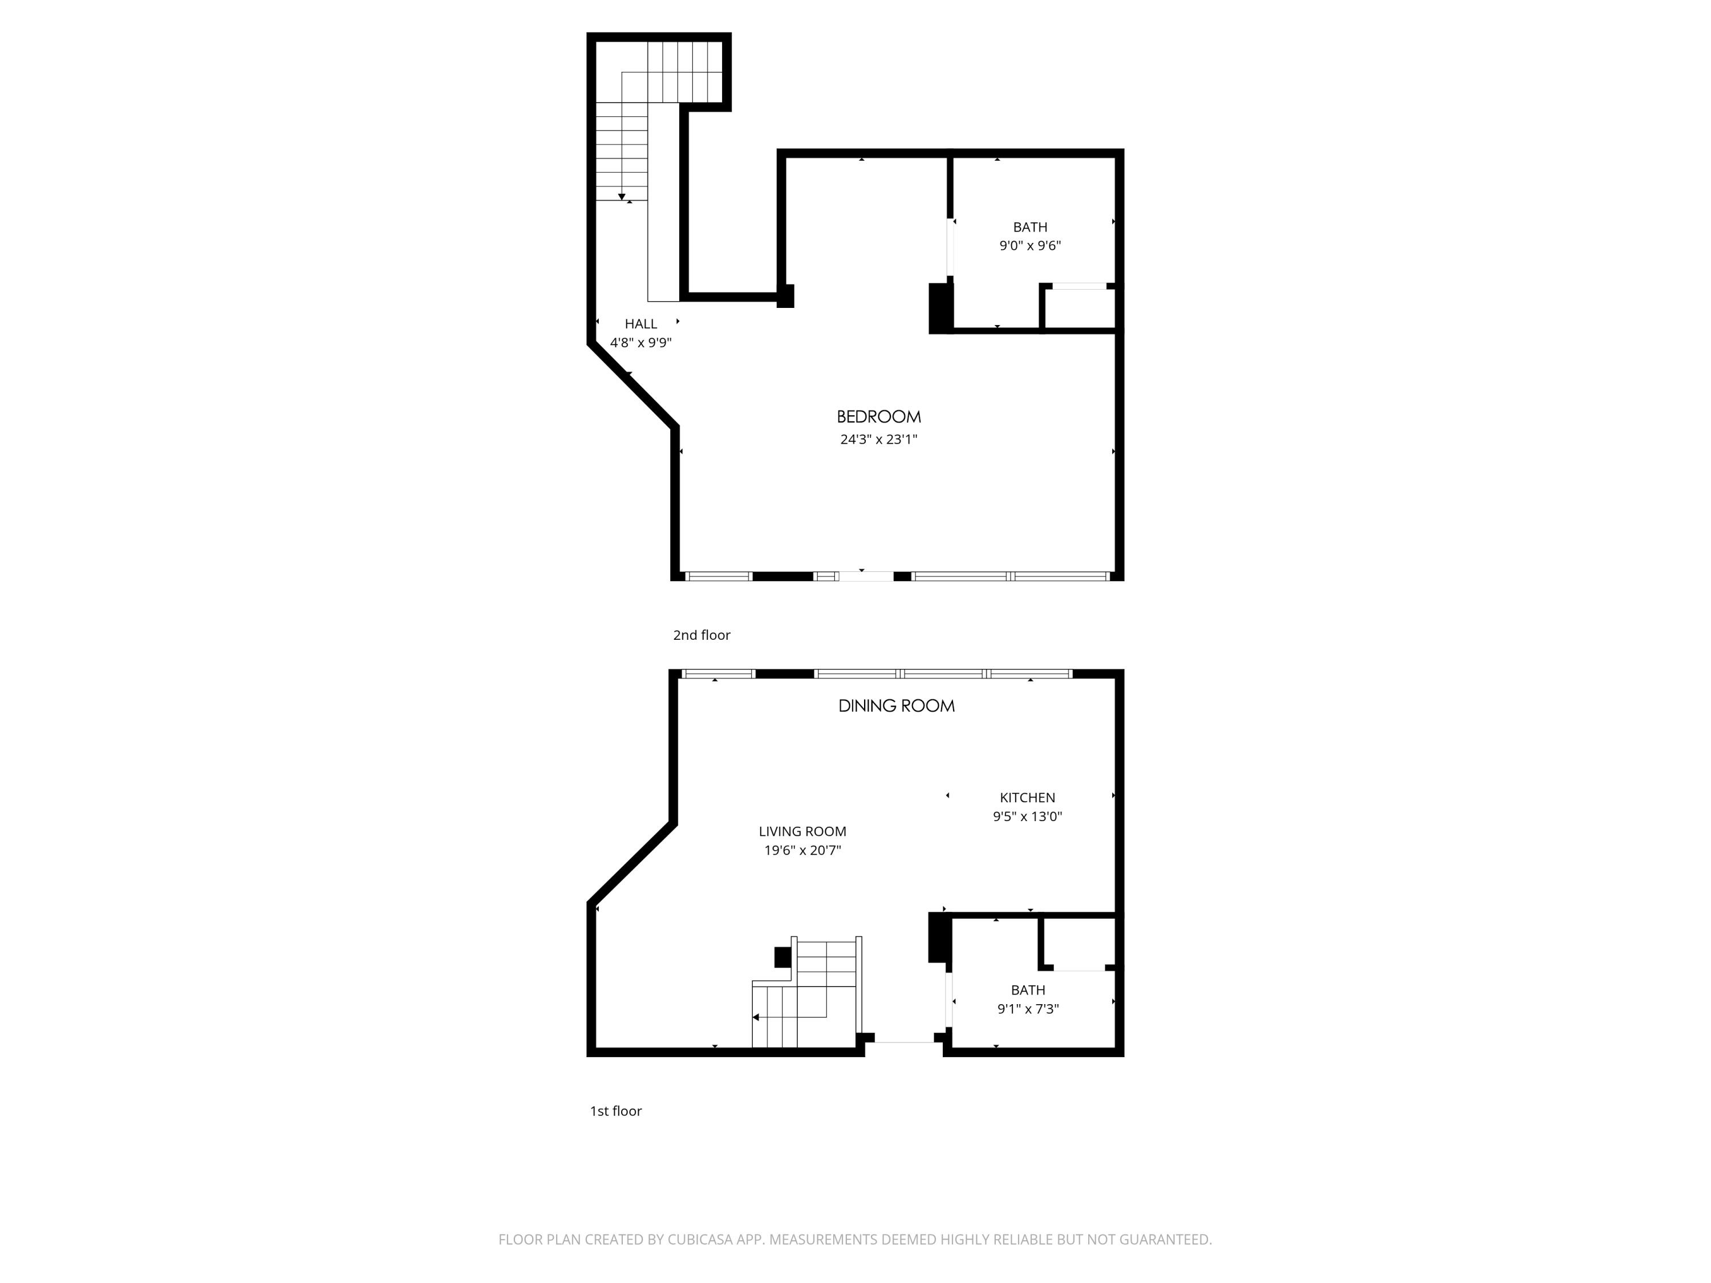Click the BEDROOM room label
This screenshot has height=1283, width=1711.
pos(879,417)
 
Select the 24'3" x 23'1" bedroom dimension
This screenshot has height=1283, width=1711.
pos(879,439)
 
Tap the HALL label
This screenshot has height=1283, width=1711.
pos(640,324)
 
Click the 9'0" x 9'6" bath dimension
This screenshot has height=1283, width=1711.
pos(1029,246)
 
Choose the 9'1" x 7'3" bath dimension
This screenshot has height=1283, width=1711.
pos(1028,1009)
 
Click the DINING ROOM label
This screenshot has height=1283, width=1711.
pos(897,706)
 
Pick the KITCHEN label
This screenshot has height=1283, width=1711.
pos(1027,797)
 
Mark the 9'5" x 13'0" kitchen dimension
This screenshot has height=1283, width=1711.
pos(1027,817)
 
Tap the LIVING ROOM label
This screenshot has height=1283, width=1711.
pos(802,831)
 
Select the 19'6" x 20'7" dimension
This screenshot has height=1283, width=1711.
pos(802,851)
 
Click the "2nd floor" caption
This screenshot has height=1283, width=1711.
pos(702,635)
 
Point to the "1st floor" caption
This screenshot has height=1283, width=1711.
pos(616,1111)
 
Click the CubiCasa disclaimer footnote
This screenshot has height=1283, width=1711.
pos(855,1240)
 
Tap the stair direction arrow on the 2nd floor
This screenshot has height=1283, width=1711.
pos(622,196)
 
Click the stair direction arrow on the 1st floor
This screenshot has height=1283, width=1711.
pos(756,1017)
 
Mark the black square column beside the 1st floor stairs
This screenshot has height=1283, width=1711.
pos(782,957)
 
